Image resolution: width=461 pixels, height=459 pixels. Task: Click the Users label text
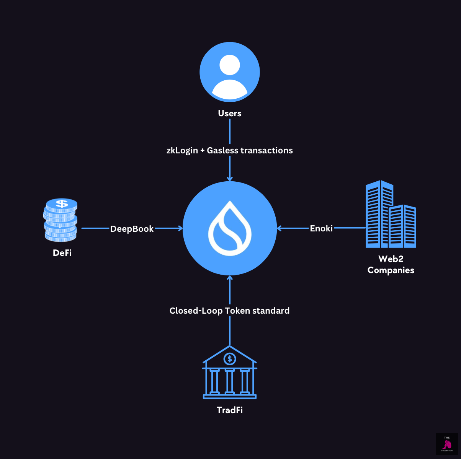pos(230,113)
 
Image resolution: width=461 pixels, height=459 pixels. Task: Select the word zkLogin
pos(182,151)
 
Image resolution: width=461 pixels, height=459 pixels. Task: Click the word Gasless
pos(222,151)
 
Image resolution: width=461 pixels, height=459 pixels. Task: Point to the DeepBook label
pos(132,229)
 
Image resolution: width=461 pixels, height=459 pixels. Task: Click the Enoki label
pos(321,228)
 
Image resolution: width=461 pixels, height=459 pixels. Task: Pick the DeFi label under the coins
pos(62,253)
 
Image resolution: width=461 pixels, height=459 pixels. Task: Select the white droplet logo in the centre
pos(230,228)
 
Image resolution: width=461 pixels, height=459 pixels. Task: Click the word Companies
pos(391,270)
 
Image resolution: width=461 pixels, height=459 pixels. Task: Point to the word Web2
pos(391,259)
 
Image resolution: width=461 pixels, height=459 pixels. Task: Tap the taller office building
pos(379,214)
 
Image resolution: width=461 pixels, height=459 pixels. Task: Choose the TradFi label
pos(230,410)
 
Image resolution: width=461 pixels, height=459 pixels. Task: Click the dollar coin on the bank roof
pos(230,359)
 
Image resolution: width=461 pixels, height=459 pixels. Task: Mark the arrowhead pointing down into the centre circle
pos(230,178)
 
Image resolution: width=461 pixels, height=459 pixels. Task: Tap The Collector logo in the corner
pos(446,444)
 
